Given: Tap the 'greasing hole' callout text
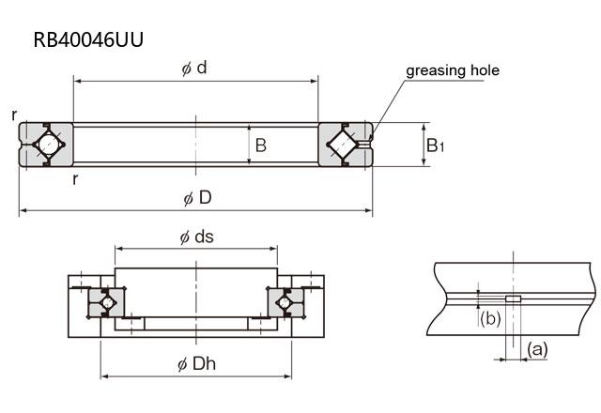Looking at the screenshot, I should pos(452,70).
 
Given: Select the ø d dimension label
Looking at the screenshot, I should pos(194,69).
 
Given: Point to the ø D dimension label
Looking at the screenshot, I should pos(198,198).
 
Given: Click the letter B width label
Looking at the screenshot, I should pos(261,145).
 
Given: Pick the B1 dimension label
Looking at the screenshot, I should pos(435,145).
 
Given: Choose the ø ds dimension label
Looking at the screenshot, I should pos(196,237).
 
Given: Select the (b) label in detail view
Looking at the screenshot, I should pos(488,319).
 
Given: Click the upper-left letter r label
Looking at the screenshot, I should pos(15,115).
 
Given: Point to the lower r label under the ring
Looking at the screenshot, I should pos(75,178).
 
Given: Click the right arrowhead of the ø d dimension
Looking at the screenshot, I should pos(315,82).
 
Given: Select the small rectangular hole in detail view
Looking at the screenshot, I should pos(513,299).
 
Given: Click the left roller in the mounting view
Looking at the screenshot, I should pos(107,302).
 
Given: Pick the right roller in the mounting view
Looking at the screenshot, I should pos(285,302).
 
